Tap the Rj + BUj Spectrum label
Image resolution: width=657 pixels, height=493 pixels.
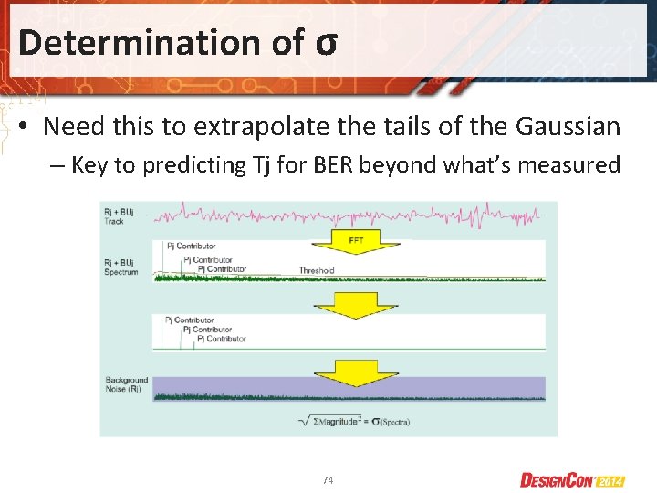pyautogui.click(x=121, y=267)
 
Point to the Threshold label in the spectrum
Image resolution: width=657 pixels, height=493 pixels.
pyautogui.click(x=317, y=270)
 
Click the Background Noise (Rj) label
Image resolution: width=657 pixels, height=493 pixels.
pyautogui.click(x=126, y=383)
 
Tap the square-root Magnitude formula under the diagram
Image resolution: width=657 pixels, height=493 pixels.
pyautogui.click(x=354, y=421)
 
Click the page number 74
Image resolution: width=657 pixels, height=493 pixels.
pyautogui.click(x=328, y=479)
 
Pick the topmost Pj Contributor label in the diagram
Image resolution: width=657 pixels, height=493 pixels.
pyautogui.click(x=191, y=246)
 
